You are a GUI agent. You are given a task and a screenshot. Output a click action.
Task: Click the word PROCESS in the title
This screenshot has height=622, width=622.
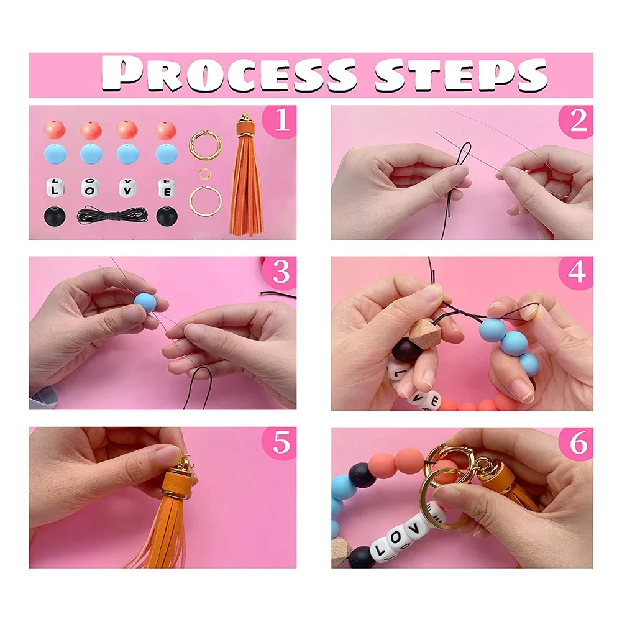pyautogui.click(x=229, y=74)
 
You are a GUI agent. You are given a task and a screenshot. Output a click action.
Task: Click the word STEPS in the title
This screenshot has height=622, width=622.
pyautogui.click(x=461, y=74)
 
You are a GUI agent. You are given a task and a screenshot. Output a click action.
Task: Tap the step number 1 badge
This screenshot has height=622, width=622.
pyautogui.click(x=280, y=121)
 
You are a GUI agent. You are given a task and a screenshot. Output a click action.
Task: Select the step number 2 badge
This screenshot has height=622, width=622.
pyautogui.click(x=577, y=121)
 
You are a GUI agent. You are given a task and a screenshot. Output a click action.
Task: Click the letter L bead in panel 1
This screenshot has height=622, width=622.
pyautogui.click(x=55, y=188)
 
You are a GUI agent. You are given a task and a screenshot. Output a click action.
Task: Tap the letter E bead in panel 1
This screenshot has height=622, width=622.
pyautogui.click(x=166, y=188)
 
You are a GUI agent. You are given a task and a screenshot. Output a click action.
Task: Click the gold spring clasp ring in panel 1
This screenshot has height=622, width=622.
pyautogui.click(x=205, y=145)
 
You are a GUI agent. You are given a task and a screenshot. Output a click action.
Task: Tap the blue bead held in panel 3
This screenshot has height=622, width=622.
pyautogui.click(x=145, y=302)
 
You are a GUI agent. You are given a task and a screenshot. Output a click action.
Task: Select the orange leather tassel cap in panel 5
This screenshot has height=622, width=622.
pyautogui.click(x=178, y=484)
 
